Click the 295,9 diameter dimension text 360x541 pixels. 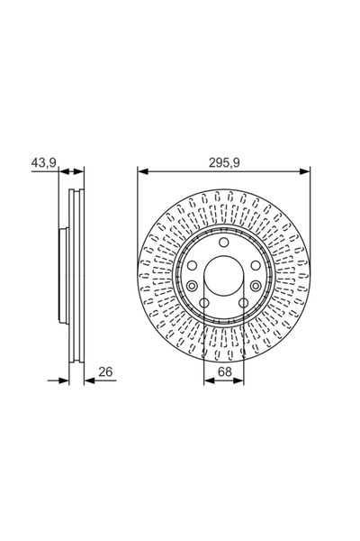coord(224,162)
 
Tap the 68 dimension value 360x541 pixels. coord(223,371)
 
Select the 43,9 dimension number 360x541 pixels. coord(44,162)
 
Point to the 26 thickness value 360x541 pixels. coord(106,371)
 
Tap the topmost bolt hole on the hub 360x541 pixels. coord(223,243)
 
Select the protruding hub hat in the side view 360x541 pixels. coord(63,275)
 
